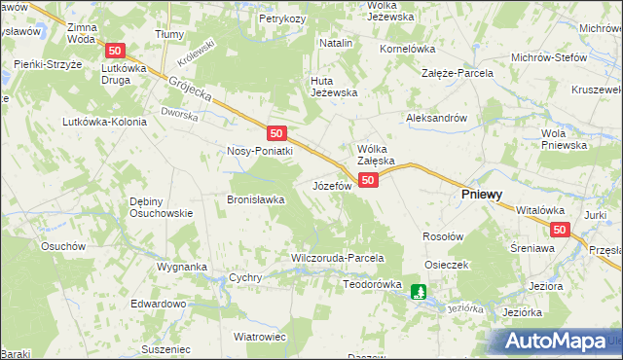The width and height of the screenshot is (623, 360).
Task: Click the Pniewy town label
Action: (x=481, y=195)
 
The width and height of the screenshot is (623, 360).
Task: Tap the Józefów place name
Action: (x=331, y=185)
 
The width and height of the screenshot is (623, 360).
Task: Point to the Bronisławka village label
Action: (x=255, y=198)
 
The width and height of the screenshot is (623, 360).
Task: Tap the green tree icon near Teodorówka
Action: (x=419, y=291)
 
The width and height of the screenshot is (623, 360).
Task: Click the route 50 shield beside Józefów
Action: (x=367, y=181)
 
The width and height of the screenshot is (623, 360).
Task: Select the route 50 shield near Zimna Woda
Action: (x=116, y=51)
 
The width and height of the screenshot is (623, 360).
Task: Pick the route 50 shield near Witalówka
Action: (x=559, y=230)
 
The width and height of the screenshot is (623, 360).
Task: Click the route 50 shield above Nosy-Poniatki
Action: (x=277, y=133)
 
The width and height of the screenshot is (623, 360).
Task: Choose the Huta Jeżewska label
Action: (x=334, y=87)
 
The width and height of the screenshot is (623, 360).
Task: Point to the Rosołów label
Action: (x=442, y=236)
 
